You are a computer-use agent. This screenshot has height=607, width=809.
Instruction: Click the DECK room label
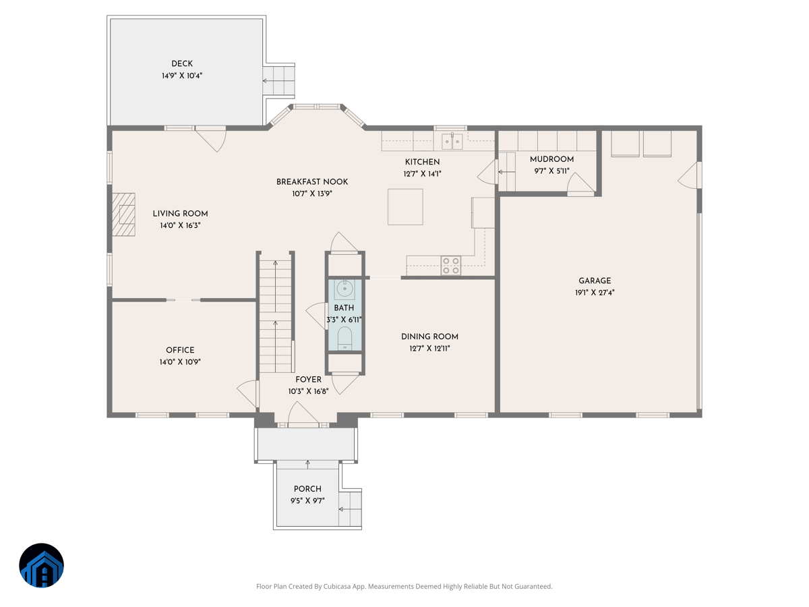181,64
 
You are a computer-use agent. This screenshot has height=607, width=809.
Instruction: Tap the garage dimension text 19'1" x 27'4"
595,293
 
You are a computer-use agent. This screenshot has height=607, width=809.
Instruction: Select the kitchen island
405,206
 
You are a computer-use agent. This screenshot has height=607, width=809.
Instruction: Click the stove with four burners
451,265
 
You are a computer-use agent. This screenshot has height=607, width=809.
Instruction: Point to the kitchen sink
452,141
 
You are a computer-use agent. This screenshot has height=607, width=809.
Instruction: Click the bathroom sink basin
344,289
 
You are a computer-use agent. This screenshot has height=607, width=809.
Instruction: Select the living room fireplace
124,214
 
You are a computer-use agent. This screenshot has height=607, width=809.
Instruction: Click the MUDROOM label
551,159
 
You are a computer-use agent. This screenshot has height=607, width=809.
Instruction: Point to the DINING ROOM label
429,337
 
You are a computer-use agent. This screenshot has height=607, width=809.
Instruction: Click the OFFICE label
180,350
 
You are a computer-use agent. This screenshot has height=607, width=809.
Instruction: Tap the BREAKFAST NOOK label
312,181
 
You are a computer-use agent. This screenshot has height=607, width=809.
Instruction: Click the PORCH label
307,489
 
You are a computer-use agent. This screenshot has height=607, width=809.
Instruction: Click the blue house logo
41,565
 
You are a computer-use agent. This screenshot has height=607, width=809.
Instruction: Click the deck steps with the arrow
279,81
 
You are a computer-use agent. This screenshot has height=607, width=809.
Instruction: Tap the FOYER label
308,380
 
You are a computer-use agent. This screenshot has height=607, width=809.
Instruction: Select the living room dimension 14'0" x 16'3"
180,226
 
